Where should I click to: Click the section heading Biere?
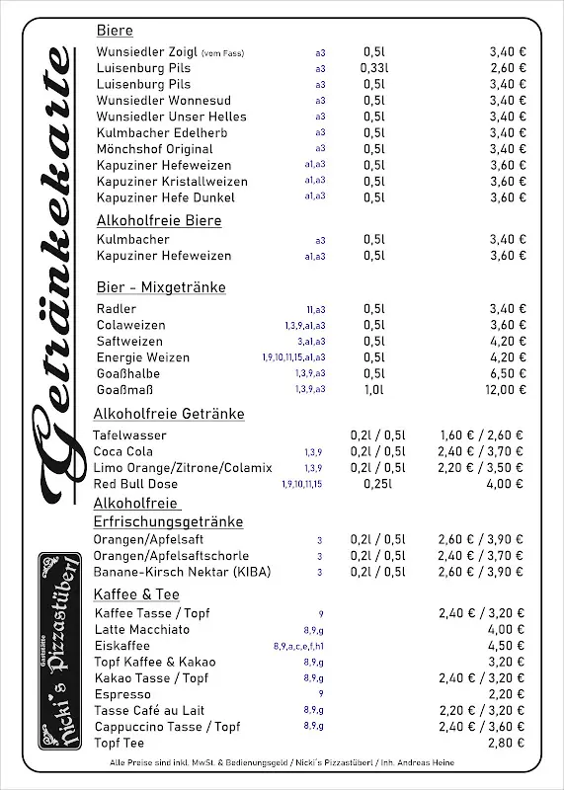click(x=115, y=31)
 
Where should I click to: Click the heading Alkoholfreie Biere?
click(x=159, y=220)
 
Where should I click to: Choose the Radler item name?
click(x=117, y=309)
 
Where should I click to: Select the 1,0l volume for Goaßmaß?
click(x=374, y=390)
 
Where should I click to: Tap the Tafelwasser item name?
click(x=129, y=435)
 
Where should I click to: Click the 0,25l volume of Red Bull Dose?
click(x=378, y=484)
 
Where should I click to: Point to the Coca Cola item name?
click(x=123, y=451)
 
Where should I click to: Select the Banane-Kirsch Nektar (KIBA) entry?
click(x=182, y=572)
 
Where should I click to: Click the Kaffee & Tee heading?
click(x=136, y=594)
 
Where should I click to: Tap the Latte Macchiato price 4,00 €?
click(x=507, y=629)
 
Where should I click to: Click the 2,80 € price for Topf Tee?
click(x=507, y=743)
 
